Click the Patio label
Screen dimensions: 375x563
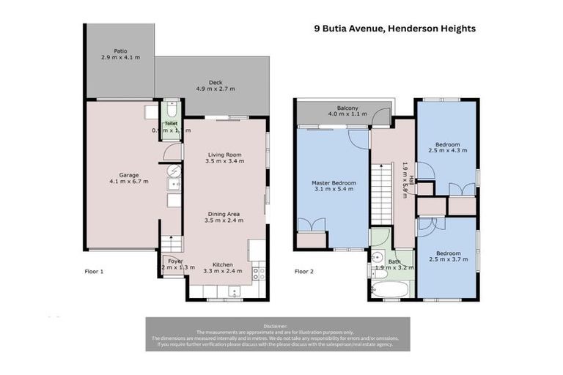pyautogui.click(x=120, y=50)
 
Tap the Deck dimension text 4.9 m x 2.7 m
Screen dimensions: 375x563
pyautogui.click(x=215, y=89)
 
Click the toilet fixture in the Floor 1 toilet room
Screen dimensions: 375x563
pyautogui.click(x=172, y=114)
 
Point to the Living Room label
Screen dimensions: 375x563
pyautogui.click(x=224, y=155)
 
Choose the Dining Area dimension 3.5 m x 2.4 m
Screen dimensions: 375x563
pyautogui.click(x=224, y=220)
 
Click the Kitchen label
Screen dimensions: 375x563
pyautogui.click(x=223, y=264)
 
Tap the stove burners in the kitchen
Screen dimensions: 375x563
pyautogui.click(x=258, y=274)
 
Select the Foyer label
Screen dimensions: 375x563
pyautogui.click(x=175, y=261)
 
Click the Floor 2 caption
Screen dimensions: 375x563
pyautogui.click(x=304, y=271)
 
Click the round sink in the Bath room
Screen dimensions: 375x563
pyautogui.click(x=377, y=257)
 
